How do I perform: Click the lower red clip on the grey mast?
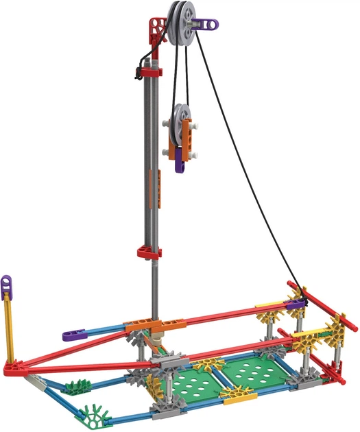(149, 252)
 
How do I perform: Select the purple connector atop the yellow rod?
(6, 283)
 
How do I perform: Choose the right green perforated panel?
(254, 374)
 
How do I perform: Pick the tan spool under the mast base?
(157, 340)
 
